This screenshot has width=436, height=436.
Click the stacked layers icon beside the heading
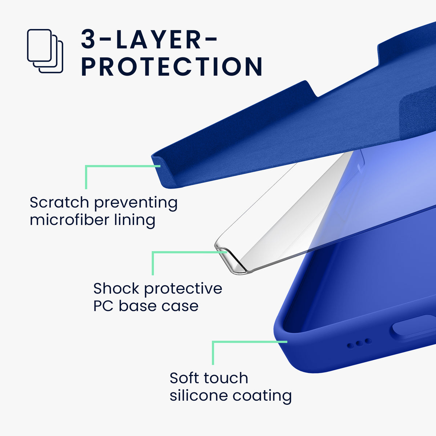pos(45,51)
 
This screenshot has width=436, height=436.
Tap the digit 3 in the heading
pos(88,39)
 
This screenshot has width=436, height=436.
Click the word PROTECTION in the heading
pos(172,66)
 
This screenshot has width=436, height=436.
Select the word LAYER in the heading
pos(158,39)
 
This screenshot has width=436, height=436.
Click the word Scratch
pos(59,202)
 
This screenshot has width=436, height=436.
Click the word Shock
pos(116,288)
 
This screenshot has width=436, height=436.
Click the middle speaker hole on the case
pos(359,343)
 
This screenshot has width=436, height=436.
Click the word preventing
pos(136,203)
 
